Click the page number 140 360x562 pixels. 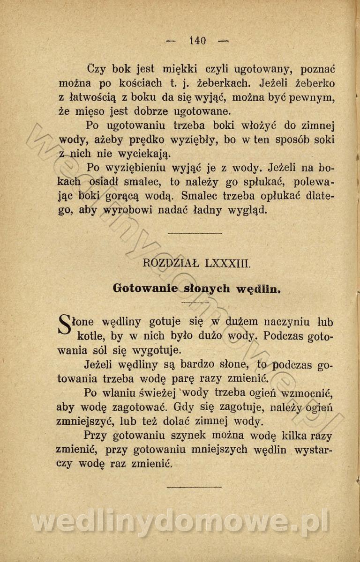(197, 41)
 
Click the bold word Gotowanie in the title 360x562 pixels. (145, 288)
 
